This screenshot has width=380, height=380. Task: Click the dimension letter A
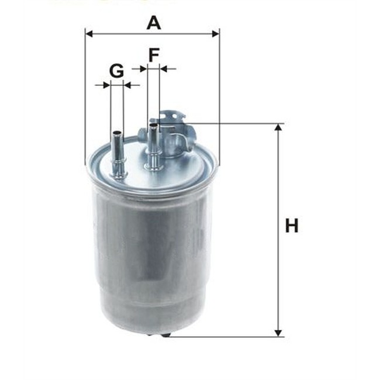pos(153,23)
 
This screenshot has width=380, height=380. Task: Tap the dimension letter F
pos(153,56)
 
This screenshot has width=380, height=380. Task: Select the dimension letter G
pos(116,71)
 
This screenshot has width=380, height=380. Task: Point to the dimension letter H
pos(292,226)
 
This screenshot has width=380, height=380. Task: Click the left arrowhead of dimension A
pos(89,33)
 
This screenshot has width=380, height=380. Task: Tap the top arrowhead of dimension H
pos(279,128)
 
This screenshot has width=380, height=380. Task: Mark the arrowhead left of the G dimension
pos(106,85)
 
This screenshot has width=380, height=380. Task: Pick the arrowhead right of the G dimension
pos(127,85)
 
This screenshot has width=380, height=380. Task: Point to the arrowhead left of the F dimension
pos(143,69)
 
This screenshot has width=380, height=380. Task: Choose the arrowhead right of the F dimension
pos(164,69)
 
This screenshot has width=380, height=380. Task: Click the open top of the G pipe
pos(117,133)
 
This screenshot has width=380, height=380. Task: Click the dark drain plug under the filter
pos(158,336)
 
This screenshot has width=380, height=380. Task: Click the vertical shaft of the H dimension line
pos(279,263)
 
